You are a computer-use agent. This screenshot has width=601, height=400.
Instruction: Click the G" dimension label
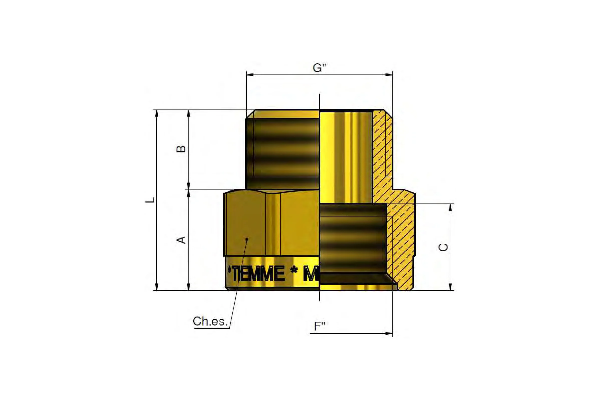[320, 68]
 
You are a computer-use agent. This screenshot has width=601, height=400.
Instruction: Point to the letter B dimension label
[181, 148]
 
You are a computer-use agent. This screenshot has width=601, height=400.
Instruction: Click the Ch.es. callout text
[210, 321]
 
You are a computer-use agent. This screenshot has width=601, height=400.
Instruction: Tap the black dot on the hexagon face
[247, 239]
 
